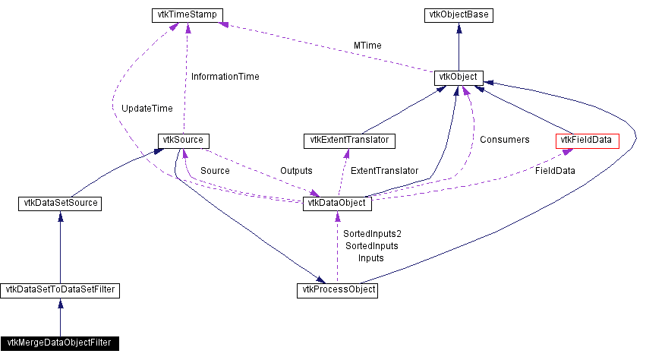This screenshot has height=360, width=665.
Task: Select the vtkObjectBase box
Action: tap(458, 14)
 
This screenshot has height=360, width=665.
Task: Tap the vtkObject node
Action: tap(458, 77)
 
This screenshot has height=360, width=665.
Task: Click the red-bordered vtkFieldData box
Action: tap(588, 141)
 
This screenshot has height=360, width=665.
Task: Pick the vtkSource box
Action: tap(183, 141)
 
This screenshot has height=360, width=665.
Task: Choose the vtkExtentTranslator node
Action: tap(350, 141)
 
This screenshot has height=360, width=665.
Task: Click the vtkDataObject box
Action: tap(337, 204)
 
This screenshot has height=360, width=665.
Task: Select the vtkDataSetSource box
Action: tap(60, 204)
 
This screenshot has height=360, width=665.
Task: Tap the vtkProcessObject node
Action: tap(337, 289)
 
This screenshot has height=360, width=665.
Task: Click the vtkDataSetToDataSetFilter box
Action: tap(60, 289)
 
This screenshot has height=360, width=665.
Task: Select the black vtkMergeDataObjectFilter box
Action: tap(60, 343)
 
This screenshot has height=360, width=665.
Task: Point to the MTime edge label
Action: tap(367, 46)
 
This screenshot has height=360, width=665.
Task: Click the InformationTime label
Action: tap(225, 77)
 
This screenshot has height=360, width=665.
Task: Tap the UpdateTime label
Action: tap(147, 109)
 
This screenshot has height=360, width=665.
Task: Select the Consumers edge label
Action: tap(504, 140)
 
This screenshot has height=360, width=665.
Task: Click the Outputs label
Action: tap(296, 171)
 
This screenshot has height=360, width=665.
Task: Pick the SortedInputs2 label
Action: tap(372, 234)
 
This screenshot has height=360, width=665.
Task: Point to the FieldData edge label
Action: tap(555, 171)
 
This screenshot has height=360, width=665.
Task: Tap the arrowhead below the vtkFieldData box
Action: tap(567, 151)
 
